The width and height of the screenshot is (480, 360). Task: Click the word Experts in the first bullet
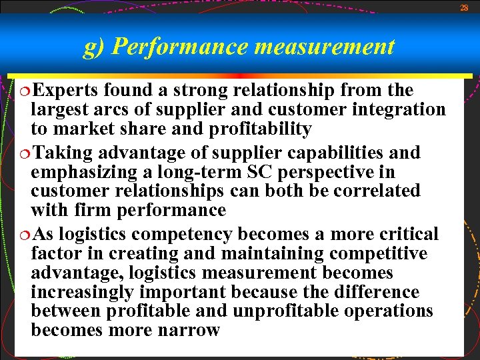(x=66, y=90)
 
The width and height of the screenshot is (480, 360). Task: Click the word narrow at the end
(x=187, y=330)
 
